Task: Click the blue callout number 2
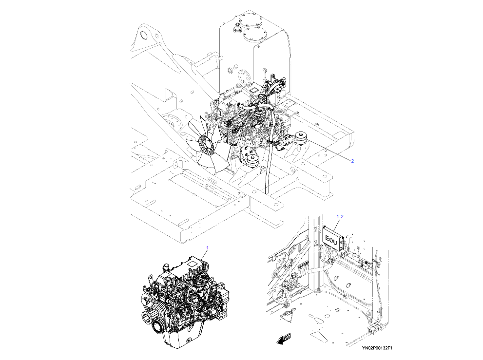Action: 352,161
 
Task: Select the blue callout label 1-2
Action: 340,215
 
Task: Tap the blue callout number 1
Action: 207,248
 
